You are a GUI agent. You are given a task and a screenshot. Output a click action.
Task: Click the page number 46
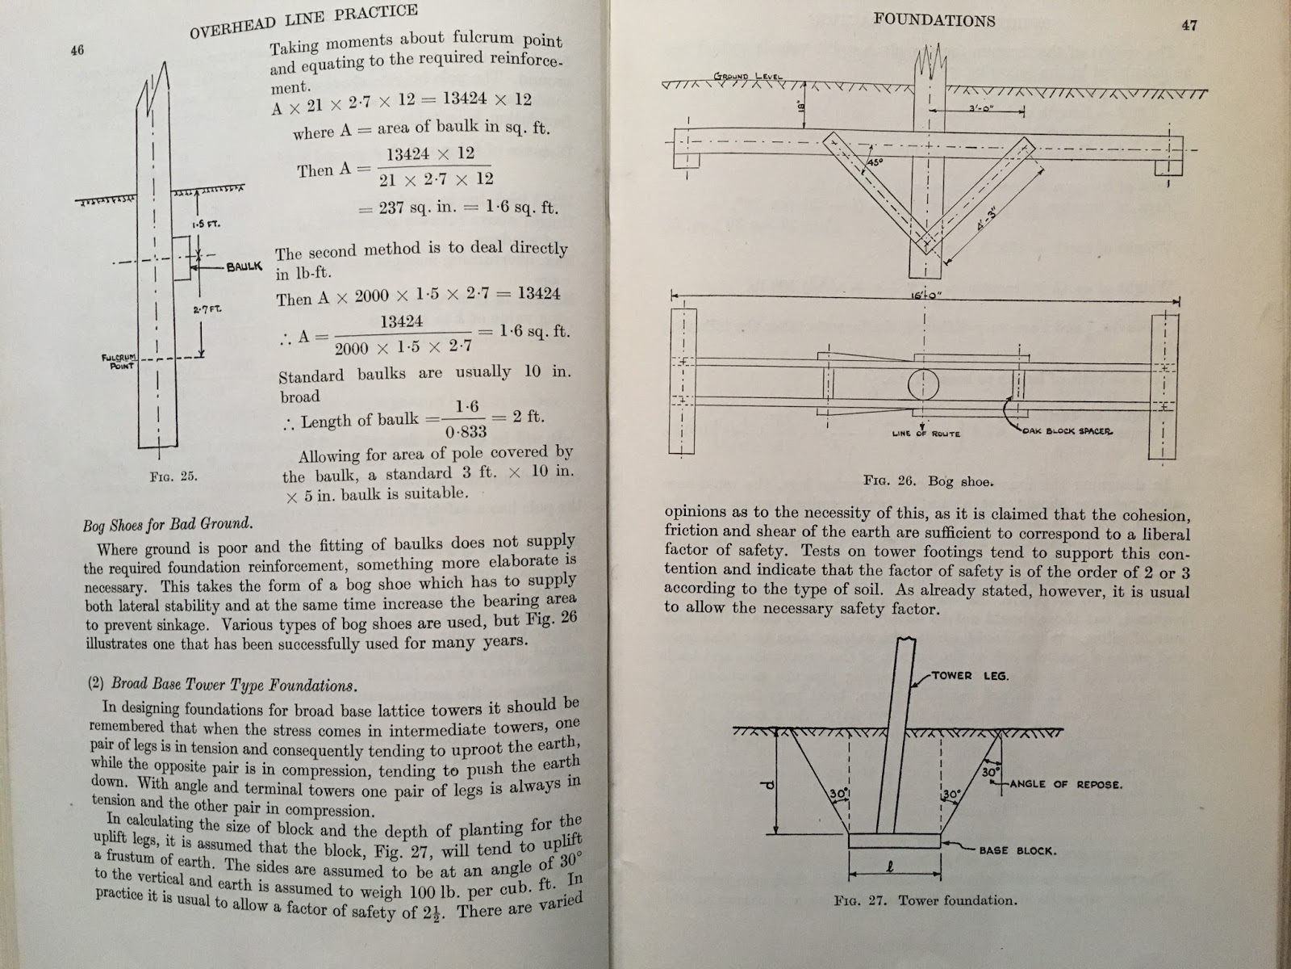78,50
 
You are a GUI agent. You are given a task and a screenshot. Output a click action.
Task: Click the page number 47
1189,25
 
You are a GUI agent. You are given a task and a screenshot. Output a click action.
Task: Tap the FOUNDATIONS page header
934,20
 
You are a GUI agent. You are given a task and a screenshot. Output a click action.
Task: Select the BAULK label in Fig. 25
244,266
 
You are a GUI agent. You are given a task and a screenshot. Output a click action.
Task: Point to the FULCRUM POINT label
117,361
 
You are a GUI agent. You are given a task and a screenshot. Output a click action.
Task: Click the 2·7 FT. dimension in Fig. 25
202,309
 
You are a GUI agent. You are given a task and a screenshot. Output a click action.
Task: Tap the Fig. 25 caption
173,476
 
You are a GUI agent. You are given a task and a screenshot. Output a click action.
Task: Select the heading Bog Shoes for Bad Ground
168,525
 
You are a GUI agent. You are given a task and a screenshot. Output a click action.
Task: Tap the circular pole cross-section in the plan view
923,384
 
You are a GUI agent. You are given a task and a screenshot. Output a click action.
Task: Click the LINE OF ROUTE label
925,434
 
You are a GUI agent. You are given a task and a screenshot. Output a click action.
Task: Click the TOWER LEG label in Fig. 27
969,675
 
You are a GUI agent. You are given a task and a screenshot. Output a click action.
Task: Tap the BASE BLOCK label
1017,849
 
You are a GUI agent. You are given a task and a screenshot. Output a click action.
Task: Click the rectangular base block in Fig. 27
894,841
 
